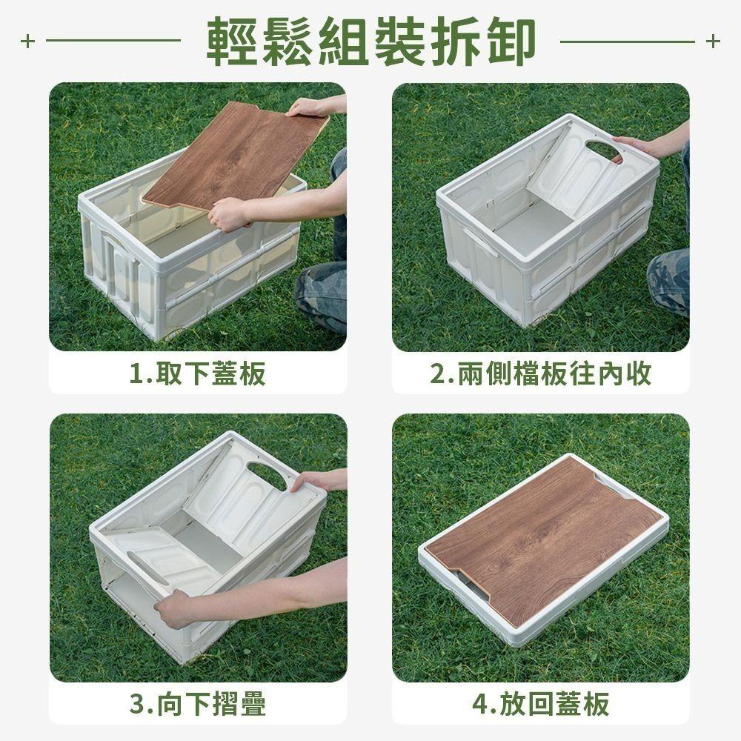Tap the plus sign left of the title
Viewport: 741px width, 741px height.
pyautogui.click(x=27, y=41)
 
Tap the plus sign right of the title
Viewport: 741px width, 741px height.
pyautogui.click(x=713, y=41)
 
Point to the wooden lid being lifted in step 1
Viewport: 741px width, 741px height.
pyautogui.click(x=237, y=156)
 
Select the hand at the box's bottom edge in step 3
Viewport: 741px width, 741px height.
pyautogui.click(x=174, y=609)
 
